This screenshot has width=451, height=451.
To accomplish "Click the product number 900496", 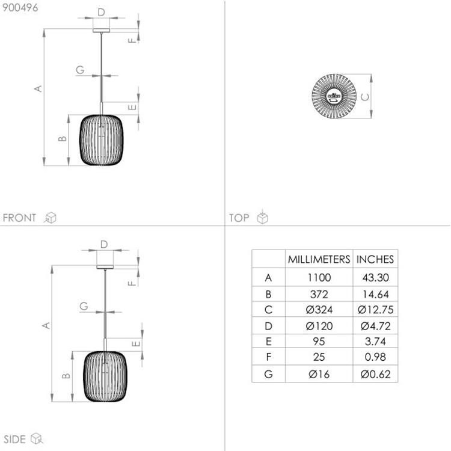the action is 20,8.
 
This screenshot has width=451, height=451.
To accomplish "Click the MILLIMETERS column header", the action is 319,259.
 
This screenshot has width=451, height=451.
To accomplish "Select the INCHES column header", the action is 375,259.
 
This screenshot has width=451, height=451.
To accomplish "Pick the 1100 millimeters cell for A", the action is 319,278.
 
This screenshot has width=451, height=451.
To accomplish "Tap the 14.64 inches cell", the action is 375,294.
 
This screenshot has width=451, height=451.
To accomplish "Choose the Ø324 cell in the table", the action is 319,310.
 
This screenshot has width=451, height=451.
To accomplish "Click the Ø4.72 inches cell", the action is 375,326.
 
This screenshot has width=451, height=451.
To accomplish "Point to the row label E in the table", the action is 268,342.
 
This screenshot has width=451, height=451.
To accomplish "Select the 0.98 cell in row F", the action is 375,357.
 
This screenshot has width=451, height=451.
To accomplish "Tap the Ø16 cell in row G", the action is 319,374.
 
